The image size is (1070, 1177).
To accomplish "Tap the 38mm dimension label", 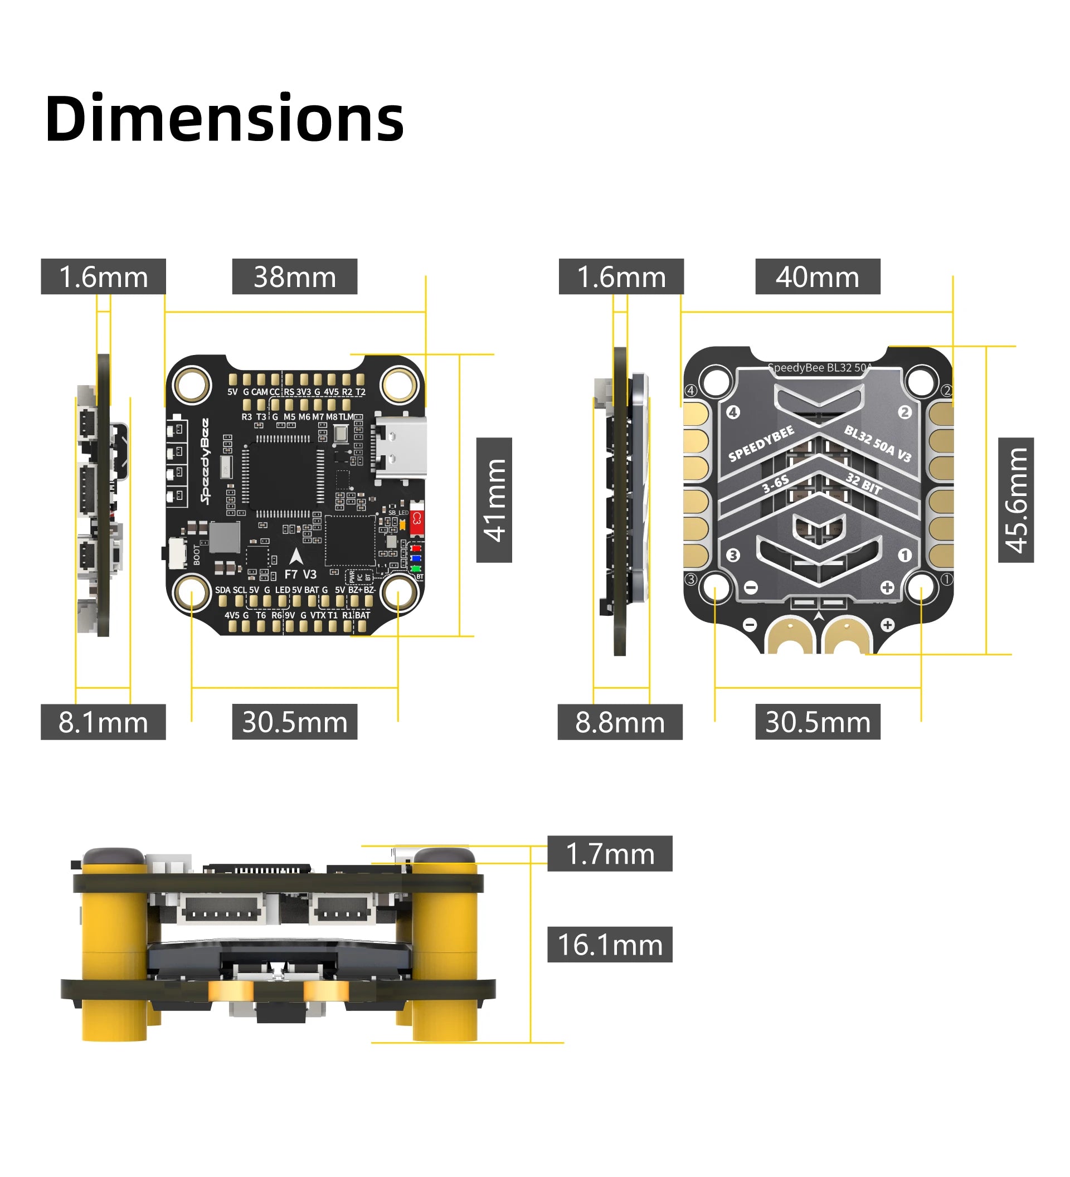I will (x=294, y=277).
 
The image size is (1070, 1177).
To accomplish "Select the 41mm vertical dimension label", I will (x=494, y=500).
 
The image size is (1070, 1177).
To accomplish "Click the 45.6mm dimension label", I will (x=1015, y=500).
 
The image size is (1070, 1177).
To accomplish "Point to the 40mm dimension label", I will (x=816, y=277).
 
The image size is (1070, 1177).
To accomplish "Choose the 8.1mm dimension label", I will (x=103, y=722).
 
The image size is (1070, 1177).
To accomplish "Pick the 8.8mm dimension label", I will (x=619, y=722).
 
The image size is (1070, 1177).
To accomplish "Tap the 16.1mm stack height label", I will (x=610, y=945).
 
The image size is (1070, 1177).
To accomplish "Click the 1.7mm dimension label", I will (x=610, y=854).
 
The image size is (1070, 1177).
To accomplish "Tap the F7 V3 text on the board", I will (x=300, y=575).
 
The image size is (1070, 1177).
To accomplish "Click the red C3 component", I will (x=416, y=518).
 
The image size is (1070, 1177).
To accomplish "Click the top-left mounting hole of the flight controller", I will (x=192, y=385).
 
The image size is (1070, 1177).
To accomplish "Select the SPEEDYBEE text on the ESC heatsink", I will (x=761, y=443).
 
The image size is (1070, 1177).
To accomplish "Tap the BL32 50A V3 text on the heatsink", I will (x=877, y=443).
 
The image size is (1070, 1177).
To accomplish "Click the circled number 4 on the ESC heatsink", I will (x=733, y=412).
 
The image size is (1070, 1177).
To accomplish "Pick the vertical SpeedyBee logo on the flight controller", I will (x=205, y=461).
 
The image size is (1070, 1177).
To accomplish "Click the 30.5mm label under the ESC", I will (x=816, y=722).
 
